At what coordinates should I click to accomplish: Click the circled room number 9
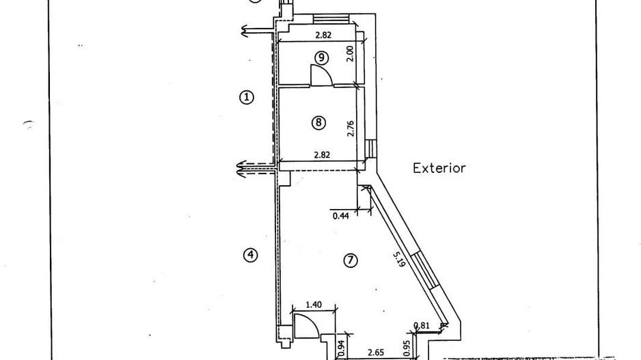[322, 57]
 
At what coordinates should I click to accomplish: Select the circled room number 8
[318, 122]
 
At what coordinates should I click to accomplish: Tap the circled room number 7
[351, 260]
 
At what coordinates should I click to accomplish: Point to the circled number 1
[246, 97]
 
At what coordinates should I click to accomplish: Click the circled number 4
[250, 255]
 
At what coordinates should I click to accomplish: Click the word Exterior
[439, 168]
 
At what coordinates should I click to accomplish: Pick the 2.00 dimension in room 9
[349, 53]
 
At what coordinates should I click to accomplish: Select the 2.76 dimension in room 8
[351, 128]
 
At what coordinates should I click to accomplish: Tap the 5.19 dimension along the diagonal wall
[399, 259]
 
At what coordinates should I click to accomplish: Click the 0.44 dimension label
[341, 216]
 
